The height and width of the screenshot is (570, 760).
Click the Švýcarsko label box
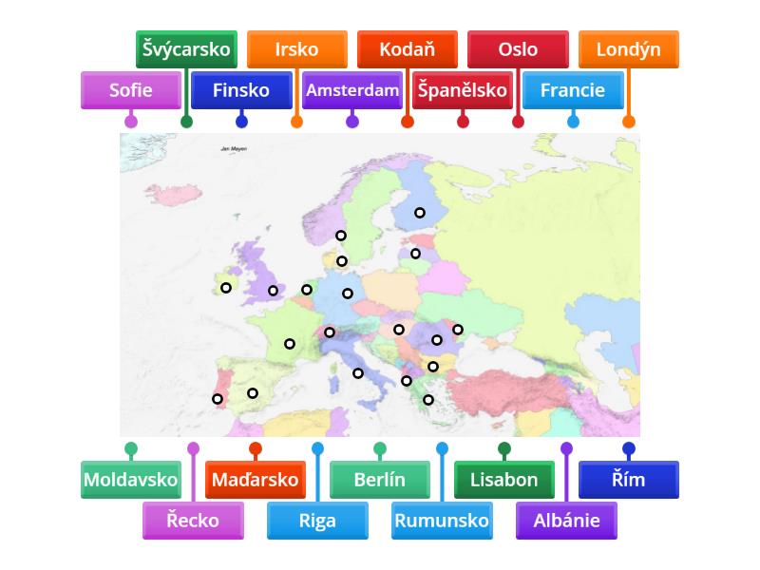[186, 49]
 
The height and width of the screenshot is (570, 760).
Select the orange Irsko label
[296, 49]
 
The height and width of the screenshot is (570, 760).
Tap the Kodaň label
[407, 49]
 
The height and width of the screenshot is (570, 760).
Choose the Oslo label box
[518, 49]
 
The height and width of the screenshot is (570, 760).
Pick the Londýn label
[628, 49]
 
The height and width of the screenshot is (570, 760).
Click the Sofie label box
[131, 91]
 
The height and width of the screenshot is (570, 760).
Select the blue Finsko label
[241, 91]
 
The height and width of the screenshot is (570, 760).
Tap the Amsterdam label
[352, 91]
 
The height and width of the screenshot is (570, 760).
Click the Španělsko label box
[463, 91]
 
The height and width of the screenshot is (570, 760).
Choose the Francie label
[573, 91]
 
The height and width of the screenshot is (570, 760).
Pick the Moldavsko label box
[131, 480]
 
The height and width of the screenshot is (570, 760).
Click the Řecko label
[193, 521]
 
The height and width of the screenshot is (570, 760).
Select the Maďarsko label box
[256, 480]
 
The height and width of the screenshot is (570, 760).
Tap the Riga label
[317, 521]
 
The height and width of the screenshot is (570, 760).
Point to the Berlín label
[380, 480]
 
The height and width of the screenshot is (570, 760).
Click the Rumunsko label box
[442, 521]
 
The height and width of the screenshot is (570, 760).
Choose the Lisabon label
[504, 480]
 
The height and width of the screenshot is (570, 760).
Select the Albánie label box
[566, 521]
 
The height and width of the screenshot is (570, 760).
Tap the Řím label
[629, 480]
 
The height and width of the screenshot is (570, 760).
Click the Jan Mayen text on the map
[233, 149]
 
